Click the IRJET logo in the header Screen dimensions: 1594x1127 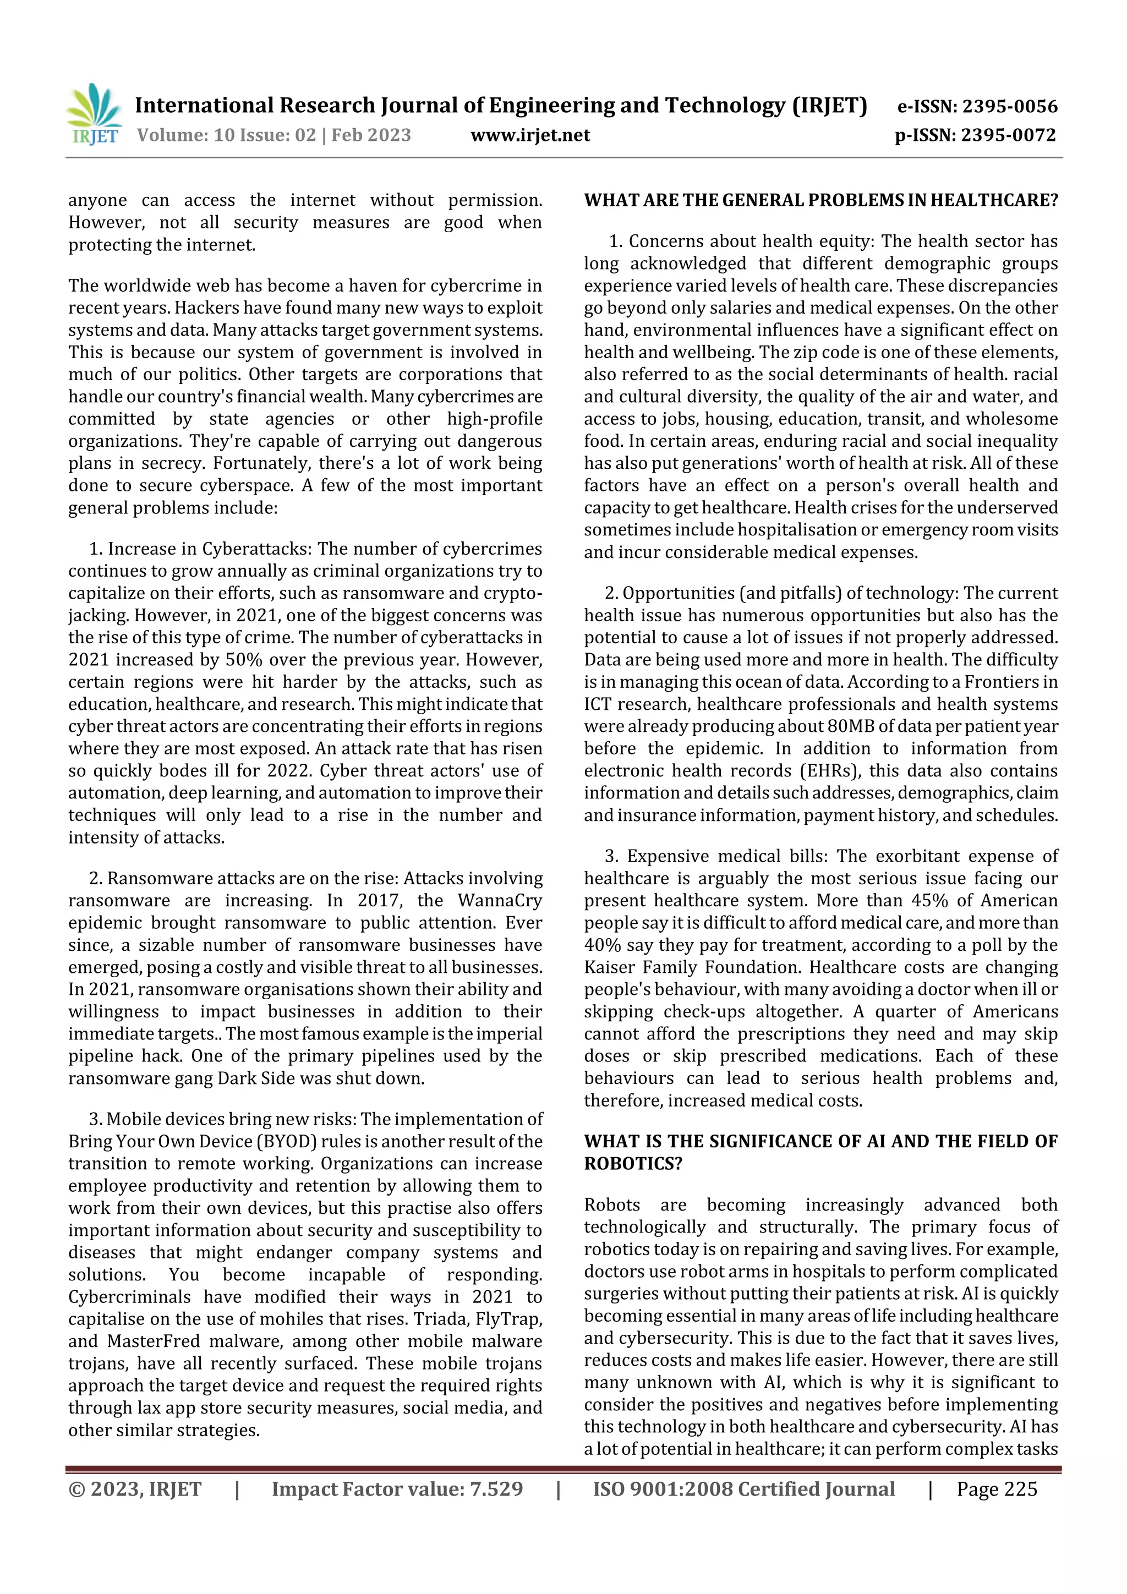pos(94,114)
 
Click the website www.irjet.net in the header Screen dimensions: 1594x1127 pos(530,135)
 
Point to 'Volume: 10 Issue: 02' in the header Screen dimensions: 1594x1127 pos(226,135)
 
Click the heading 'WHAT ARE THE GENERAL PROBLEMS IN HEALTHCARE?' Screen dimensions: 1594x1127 pos(821,201)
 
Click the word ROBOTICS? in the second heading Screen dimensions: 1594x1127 pos(633,1164)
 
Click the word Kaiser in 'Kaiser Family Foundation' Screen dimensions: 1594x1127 pos(608,967)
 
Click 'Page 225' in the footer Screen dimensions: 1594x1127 pos(997,1488)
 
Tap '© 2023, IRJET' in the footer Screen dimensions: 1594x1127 pos(135,1488)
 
